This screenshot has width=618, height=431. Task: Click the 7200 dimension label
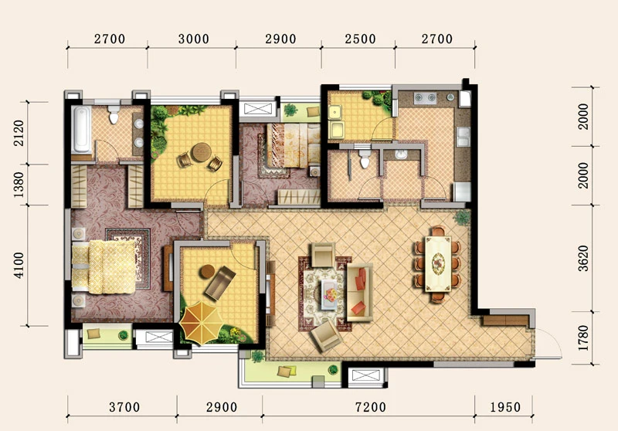pyautogui.click(x=371, y=407)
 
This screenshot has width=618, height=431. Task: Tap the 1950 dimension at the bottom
pyautogui.click(x=505, y=407)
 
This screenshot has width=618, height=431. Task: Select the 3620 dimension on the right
pyautogui.click(x=583, y=259)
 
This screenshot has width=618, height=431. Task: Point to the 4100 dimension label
pyautogui.click(x=19, y=265)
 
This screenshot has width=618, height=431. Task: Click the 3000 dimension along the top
pyautogui.click(x=194, y=39)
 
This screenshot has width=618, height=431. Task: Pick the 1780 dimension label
pyautogui.click(x=583, y=338)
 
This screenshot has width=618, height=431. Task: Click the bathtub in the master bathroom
pyautogui.click(x=82, y=129)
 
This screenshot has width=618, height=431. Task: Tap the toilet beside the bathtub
pyautogui.click(x=114, y=114)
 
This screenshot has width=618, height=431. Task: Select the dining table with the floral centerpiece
pyautogui.click(x=438, y=263)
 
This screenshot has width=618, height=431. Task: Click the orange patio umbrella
pyautogui.click(x=201, y=323)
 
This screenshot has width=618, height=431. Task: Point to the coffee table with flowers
pyautogui.click(x=329, y=294)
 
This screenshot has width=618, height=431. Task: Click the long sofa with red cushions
pyautogui.click(x=359, y=292)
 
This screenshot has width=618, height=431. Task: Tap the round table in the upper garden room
pyautogui.click(x=201, y=152)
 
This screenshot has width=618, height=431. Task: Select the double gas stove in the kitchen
pyautogui.click(x=426, y=97)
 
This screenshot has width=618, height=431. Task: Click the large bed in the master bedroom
pyautogui.click(x=104, y=267)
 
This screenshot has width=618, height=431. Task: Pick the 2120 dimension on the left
pyautogui.click(x=19, y=133)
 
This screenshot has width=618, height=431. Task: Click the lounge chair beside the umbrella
pyautogui.click(x=219, y=282)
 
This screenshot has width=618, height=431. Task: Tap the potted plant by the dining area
pyautogui.click(x=461, y=217)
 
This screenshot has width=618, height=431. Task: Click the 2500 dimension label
pyautogui.click(x=360, y=39)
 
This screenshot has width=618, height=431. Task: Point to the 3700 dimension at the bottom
pyautogui.click(x=124, y=407)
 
